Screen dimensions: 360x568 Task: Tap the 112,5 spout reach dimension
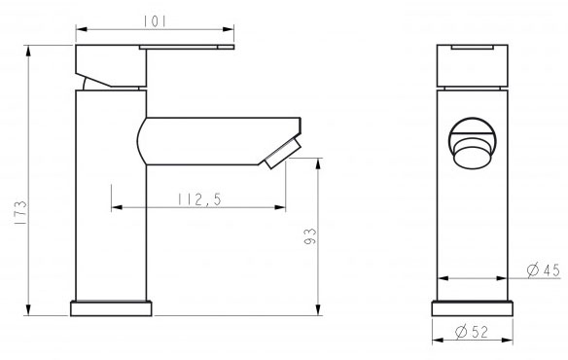click(x=198, y=198)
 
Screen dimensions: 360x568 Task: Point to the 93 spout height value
click(x=309, y=236)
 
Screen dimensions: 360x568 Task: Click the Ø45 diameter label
click(x=545, y=270)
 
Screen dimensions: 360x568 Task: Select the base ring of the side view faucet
click(x=112, y=308)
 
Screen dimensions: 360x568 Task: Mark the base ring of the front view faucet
click(x=473, y=308)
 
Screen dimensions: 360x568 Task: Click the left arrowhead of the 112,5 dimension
click(x=117, y=207)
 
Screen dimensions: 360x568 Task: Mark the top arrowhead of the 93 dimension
click(x=319, y=162)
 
